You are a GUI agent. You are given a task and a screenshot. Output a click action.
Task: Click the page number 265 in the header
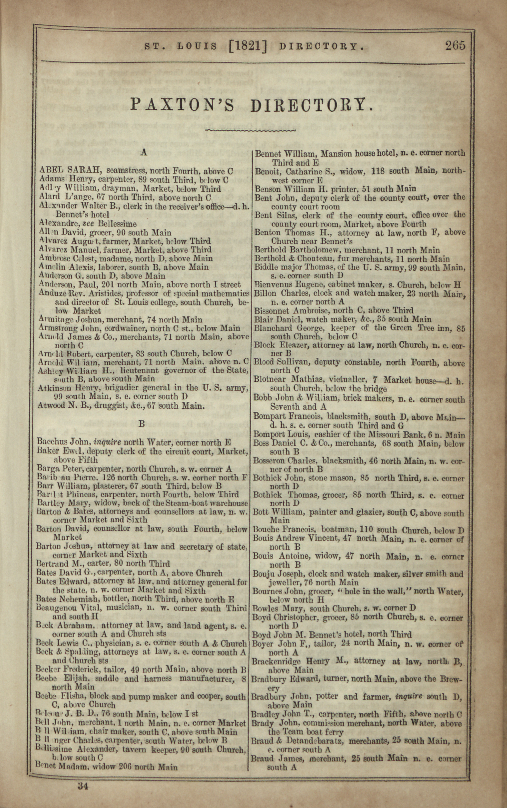455,45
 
